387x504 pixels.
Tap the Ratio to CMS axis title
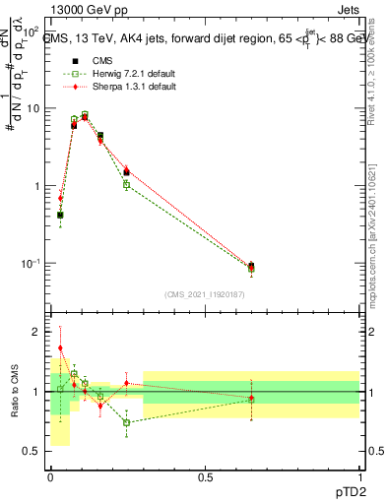pyautogui.click(x=14, y=391)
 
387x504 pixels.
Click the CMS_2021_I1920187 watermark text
pyautogui.click(x=204, y=294)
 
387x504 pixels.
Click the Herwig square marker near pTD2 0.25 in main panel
pyautogui.click(x=126, y=185)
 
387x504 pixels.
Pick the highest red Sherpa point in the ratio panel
pyautogui.click(x=60, y=347)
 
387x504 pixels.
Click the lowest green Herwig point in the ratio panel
pyautogui.click(x=126, y=422)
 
